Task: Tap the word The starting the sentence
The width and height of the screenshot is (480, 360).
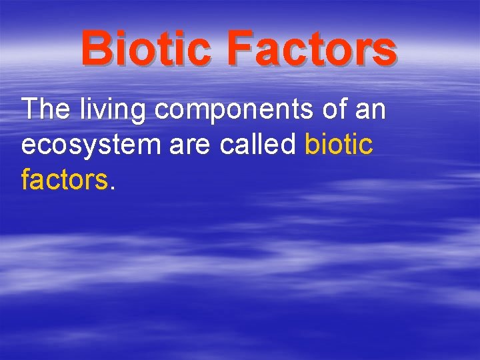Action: pyautogui.click(x=46, y=109)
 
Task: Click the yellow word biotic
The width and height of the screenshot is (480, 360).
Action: pyautogui.click(x=339, y=145)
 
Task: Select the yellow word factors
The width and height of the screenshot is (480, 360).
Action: pyautogui.click(x=64, y=180)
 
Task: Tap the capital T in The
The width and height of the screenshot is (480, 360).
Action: pyautogui.click(x=31, y=109)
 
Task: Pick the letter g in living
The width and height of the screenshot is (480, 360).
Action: pyautogui.click(x=137, y=113)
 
